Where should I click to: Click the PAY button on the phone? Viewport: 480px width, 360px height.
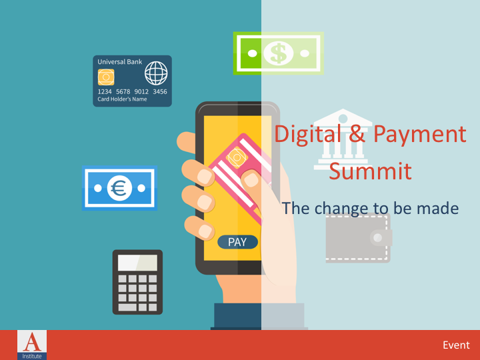pyautogui.click(x=237, y=242)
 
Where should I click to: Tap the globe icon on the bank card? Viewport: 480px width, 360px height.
pyautogui.click(x=156, y=72)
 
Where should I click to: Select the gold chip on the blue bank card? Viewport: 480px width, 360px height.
pyautogui.click(x=106, y=77)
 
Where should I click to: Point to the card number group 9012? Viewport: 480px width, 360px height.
pyautogui.click(x=142, y=92)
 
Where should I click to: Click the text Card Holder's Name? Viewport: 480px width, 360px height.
pyautogui.click(x=122, y=100)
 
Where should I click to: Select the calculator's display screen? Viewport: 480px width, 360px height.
pyautogui.click(x=137, y=263)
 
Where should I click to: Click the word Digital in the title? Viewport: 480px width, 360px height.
pyautogui.click(x=308, y=134)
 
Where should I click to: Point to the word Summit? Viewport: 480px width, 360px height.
pyautogui.click(x=370, y=171)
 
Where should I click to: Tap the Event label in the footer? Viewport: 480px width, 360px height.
pyautogui.click(x=456, y=345)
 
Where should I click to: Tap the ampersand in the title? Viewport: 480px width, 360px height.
pyautogui.click(x=357, y=134)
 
